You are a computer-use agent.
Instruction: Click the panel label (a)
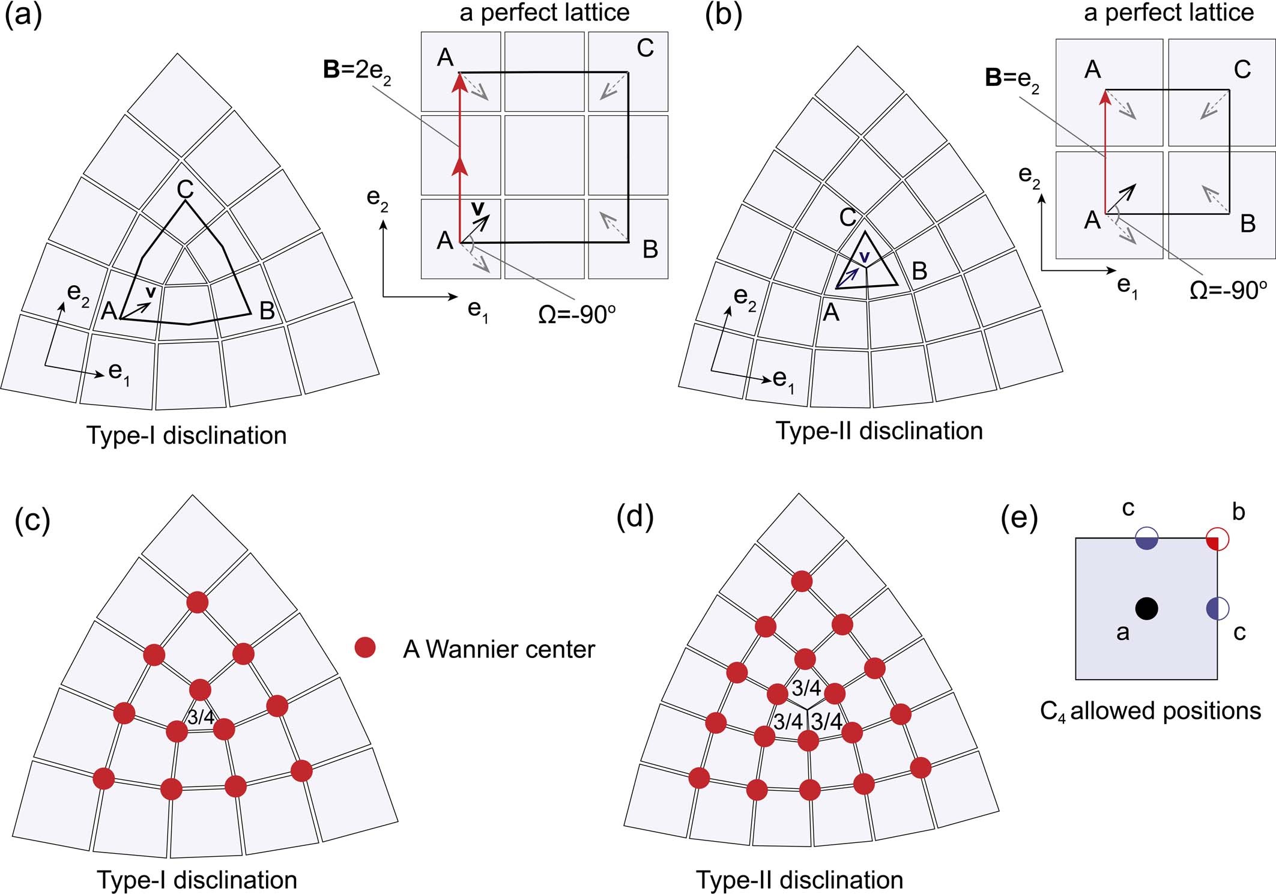[23, 15]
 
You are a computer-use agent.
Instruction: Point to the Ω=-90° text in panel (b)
[1227, 291]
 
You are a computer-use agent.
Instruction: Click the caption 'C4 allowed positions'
[1150, 711]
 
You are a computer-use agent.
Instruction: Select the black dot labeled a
[1146, 608]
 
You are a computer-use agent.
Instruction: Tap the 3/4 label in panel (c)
[201, 717]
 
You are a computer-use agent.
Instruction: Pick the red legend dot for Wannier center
[365, 648]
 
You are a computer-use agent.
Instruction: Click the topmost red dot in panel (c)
[198, 602]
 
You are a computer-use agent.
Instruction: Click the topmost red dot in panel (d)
[802, 581]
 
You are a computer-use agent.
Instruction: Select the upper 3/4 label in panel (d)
[806, 688]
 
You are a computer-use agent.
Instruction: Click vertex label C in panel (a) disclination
[185, 190]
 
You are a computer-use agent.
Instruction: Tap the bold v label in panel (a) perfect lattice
[477, 208]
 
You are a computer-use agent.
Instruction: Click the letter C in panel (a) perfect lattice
[645, 48]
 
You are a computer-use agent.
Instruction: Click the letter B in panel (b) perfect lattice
[1248, 224]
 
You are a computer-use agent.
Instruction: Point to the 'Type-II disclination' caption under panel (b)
[879, 431]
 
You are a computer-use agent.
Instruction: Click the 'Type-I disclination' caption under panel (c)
[197, 880]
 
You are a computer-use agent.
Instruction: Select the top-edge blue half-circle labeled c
[1146, 538]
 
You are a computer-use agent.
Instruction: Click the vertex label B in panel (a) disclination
[267, 311]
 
